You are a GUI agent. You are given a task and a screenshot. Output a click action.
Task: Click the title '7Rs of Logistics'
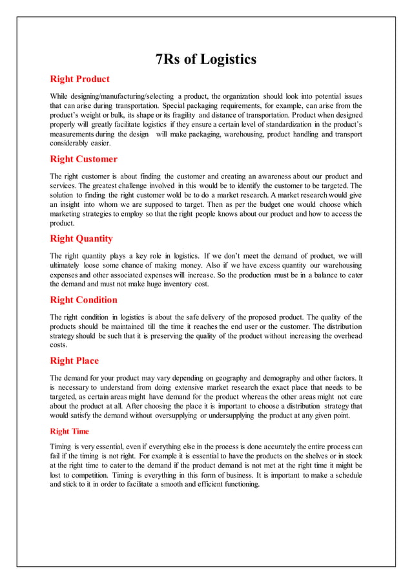[x=206, y=59]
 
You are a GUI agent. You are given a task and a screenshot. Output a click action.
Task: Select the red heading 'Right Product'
[x=79, y=79]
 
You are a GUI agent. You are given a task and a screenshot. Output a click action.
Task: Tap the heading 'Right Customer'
[x=83, y=158]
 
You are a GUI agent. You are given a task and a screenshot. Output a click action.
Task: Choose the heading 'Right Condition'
[x=83, y=299]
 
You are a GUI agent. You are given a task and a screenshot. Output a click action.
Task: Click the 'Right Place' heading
[x=74, y=360]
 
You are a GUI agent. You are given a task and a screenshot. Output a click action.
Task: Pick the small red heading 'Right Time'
[x=69, y=431]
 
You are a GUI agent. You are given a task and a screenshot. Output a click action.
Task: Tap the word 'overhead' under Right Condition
[x=346, y=335]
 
